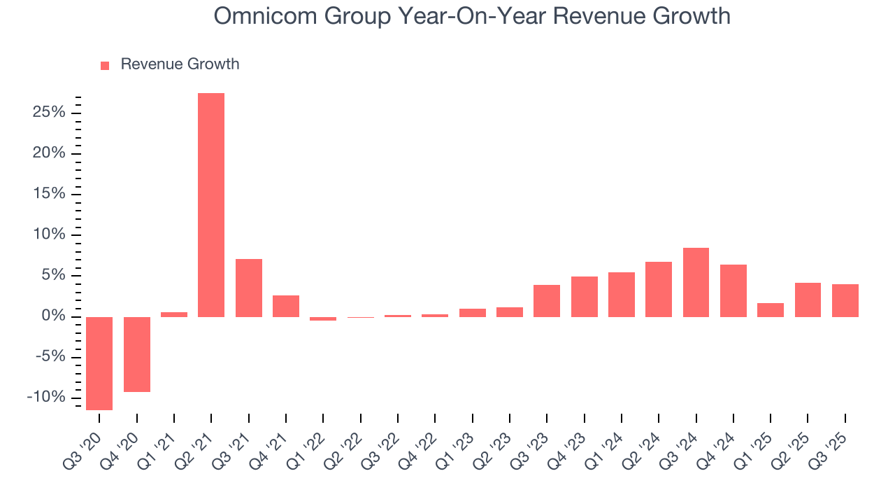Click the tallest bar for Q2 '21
click(211, 204)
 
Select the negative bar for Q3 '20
click(99, 363)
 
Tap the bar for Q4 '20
click(137, 354)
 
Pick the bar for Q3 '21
click(249, 288)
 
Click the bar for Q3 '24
click(696, 282)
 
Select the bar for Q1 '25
click(771, 309)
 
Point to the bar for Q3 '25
click(845, 300)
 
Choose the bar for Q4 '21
click(286, 306)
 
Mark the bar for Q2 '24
click(659, 289)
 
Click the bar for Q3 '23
click(547, 300)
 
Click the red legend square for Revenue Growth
click(105, 65)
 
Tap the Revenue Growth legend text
click(180, 64)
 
